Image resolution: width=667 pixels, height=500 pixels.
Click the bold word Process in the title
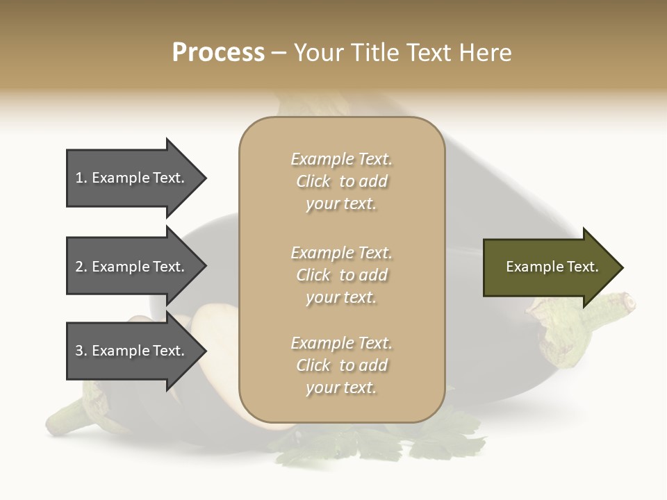[x=218, y=53]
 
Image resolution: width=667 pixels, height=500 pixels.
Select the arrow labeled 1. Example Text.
[x=132, y=178]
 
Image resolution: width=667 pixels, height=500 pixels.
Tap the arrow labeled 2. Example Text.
[x=132, y=267]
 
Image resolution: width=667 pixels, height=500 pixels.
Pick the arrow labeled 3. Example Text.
[x=132, y=351]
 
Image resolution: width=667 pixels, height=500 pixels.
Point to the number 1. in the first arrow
[x=81, y=178]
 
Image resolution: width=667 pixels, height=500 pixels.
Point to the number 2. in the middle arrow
[x=81, y=267]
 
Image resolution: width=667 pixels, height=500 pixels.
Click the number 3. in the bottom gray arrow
[x=81, y=351]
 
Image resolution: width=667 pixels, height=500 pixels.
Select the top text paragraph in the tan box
[x=341, y=181]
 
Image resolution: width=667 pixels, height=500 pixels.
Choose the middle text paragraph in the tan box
[x=341, y=275]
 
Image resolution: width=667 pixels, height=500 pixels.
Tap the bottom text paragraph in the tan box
[x=341, y=365]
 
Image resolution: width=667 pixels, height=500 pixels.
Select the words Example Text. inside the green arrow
[x=552, y=267]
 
